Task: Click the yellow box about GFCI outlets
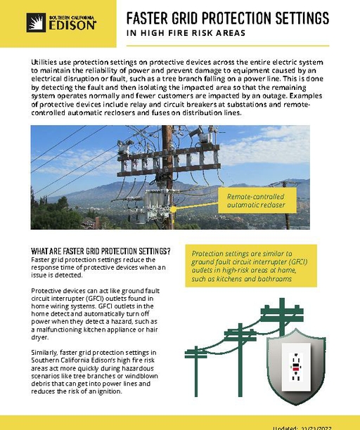point(254,266)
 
